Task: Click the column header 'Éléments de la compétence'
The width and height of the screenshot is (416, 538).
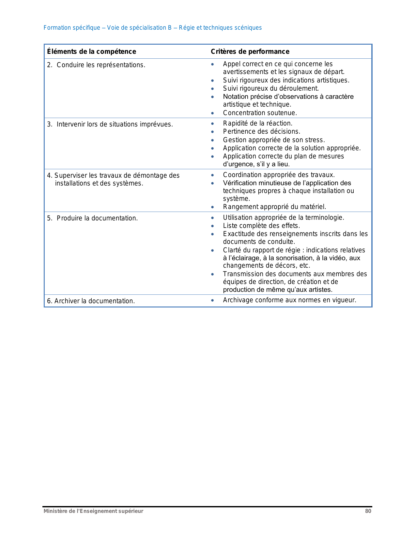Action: (91, 52)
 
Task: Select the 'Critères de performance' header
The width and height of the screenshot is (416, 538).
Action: (250, 52)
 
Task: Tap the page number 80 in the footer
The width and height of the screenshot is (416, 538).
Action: (368, 511)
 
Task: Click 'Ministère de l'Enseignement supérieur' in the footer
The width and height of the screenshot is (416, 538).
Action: (93, 511)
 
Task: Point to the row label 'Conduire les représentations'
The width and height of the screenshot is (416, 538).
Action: (101, 65)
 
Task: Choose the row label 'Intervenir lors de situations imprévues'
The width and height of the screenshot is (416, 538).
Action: (115, 124)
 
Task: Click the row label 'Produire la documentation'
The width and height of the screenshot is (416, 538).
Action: (97, 218)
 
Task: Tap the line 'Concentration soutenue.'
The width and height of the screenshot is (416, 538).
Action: (260, 113)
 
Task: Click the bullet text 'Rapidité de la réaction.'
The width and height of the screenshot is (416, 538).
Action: (257, 123)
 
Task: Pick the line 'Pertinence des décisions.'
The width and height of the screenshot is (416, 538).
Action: (261, 131)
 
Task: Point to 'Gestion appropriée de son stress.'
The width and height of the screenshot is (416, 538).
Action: (274, 140)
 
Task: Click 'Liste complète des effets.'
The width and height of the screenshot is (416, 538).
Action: (261, 226)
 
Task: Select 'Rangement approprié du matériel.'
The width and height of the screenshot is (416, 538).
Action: (274, 207)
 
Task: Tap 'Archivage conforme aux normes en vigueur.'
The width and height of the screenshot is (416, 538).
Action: (289, 300)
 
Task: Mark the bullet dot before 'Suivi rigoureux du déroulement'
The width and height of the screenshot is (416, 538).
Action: (212, 89)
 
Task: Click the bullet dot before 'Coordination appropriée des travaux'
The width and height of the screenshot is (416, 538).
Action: (212, 175)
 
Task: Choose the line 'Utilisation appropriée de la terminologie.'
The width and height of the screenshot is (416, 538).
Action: (283, 217)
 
